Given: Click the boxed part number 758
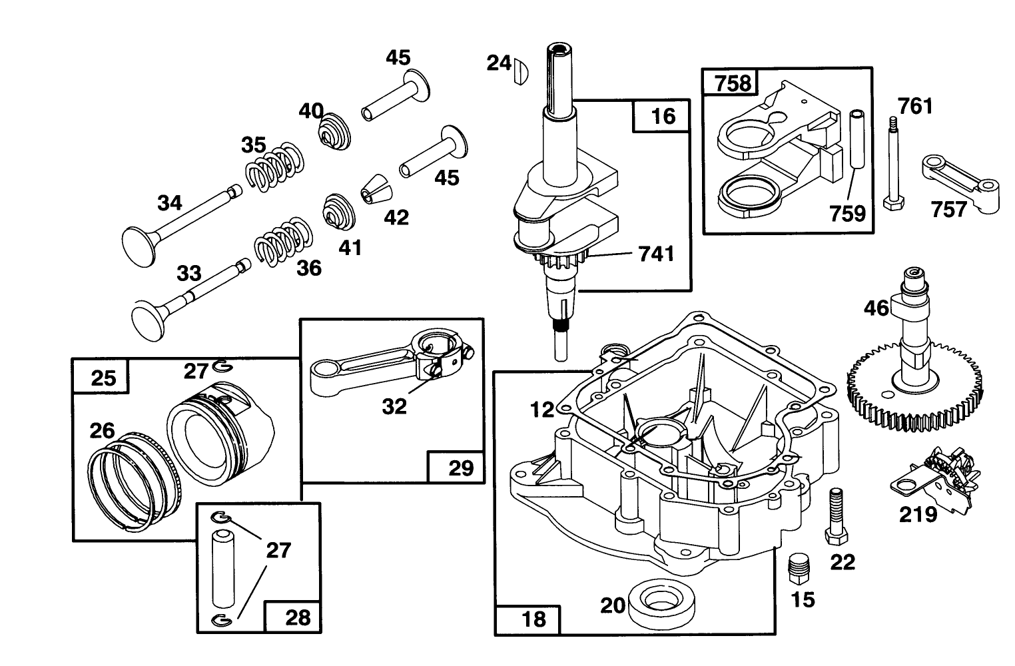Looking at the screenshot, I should point(733,83).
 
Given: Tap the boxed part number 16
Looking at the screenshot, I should point(663,116).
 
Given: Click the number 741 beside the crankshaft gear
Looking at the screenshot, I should point(656,254).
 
